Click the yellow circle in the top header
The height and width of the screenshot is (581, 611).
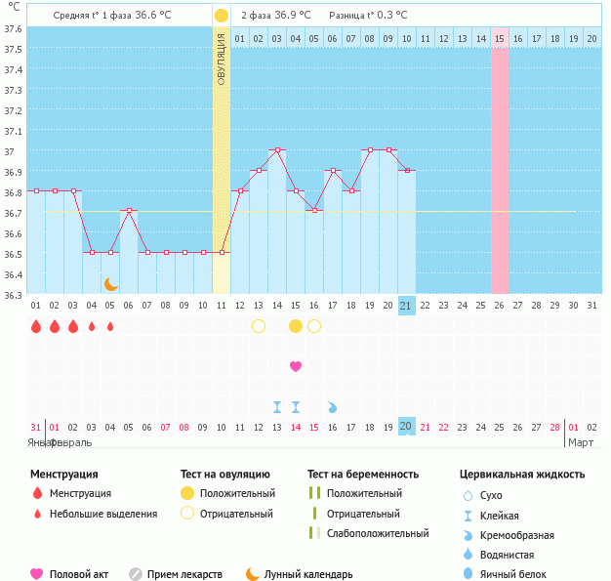click(222, 16)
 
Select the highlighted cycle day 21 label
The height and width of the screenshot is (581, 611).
click(407, 306)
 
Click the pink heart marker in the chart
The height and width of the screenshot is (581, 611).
click(296, 366)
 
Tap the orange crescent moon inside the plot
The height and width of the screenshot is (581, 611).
click(111, 283)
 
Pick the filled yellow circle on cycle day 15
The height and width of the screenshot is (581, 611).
click(296, 326)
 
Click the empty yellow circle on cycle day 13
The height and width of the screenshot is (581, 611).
click(259, 326)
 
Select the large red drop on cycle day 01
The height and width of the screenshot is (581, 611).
click(36, 326)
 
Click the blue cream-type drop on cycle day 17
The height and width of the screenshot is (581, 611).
click(333, 406)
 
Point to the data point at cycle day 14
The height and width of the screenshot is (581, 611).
click(277, 150)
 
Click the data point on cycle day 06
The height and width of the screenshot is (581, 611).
click(129, 211)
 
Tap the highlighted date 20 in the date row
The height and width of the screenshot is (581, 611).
click(406, 427)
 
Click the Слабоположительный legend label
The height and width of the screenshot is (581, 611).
click(378, 533)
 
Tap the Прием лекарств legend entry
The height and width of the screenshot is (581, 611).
click(184, 574)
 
